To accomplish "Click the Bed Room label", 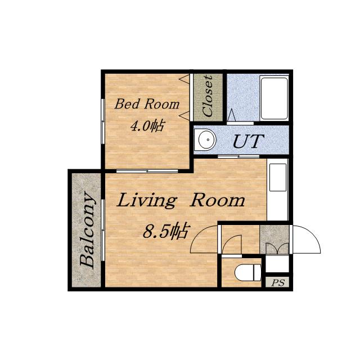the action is pyautogui.click(x=147, y=103).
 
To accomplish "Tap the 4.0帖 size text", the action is pyautogui.click(x=147, y=125).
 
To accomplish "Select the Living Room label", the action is pyautogui.click(x=181, y=200).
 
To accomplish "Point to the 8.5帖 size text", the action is pyautogui.click(x=166, y=230).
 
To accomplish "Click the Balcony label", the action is pyautogui.click(x=88, y=230).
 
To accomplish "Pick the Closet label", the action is pyautogui.click(x=208, y=96).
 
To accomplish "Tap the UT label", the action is pyautogui.click(x=247, y=141).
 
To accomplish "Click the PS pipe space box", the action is pyautogui.click(x=277, y=282).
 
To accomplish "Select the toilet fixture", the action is pyautogui.click(x=248, y=272).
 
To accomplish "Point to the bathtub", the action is pyautogui.click(x=274, y=98).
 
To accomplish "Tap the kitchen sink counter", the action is pyautogui.click(x=277, y=189).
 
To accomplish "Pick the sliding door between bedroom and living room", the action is pyautogui.click(x=147, y=171).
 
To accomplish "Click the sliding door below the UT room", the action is pyautogui.click(x=238, y=156).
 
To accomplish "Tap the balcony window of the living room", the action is pyautogui.click(x=103, y=230).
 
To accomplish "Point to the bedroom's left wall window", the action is pyautogui.click(x=103, y=121).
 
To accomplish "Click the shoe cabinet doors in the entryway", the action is pyautogui.click(x=277, y=249).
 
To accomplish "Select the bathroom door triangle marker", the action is pyautogui.click(x=231, y=115).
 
